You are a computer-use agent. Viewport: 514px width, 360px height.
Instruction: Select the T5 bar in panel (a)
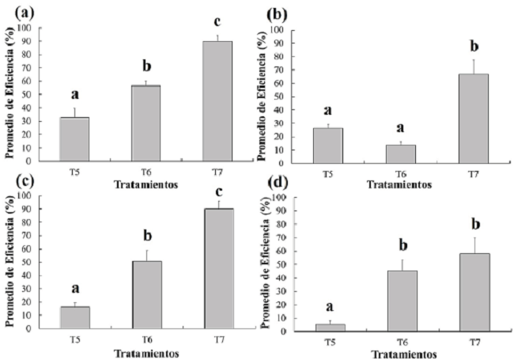(x=74, y=138)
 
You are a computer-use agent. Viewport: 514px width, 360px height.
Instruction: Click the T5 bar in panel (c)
(x=74, y=316)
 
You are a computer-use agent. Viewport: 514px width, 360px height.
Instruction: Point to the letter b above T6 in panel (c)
(x=147, y=236)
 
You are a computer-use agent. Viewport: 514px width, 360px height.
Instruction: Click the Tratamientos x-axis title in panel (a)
(x=146, y=179)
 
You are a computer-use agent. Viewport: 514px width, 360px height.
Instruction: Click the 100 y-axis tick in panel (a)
(x=28, y=28)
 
